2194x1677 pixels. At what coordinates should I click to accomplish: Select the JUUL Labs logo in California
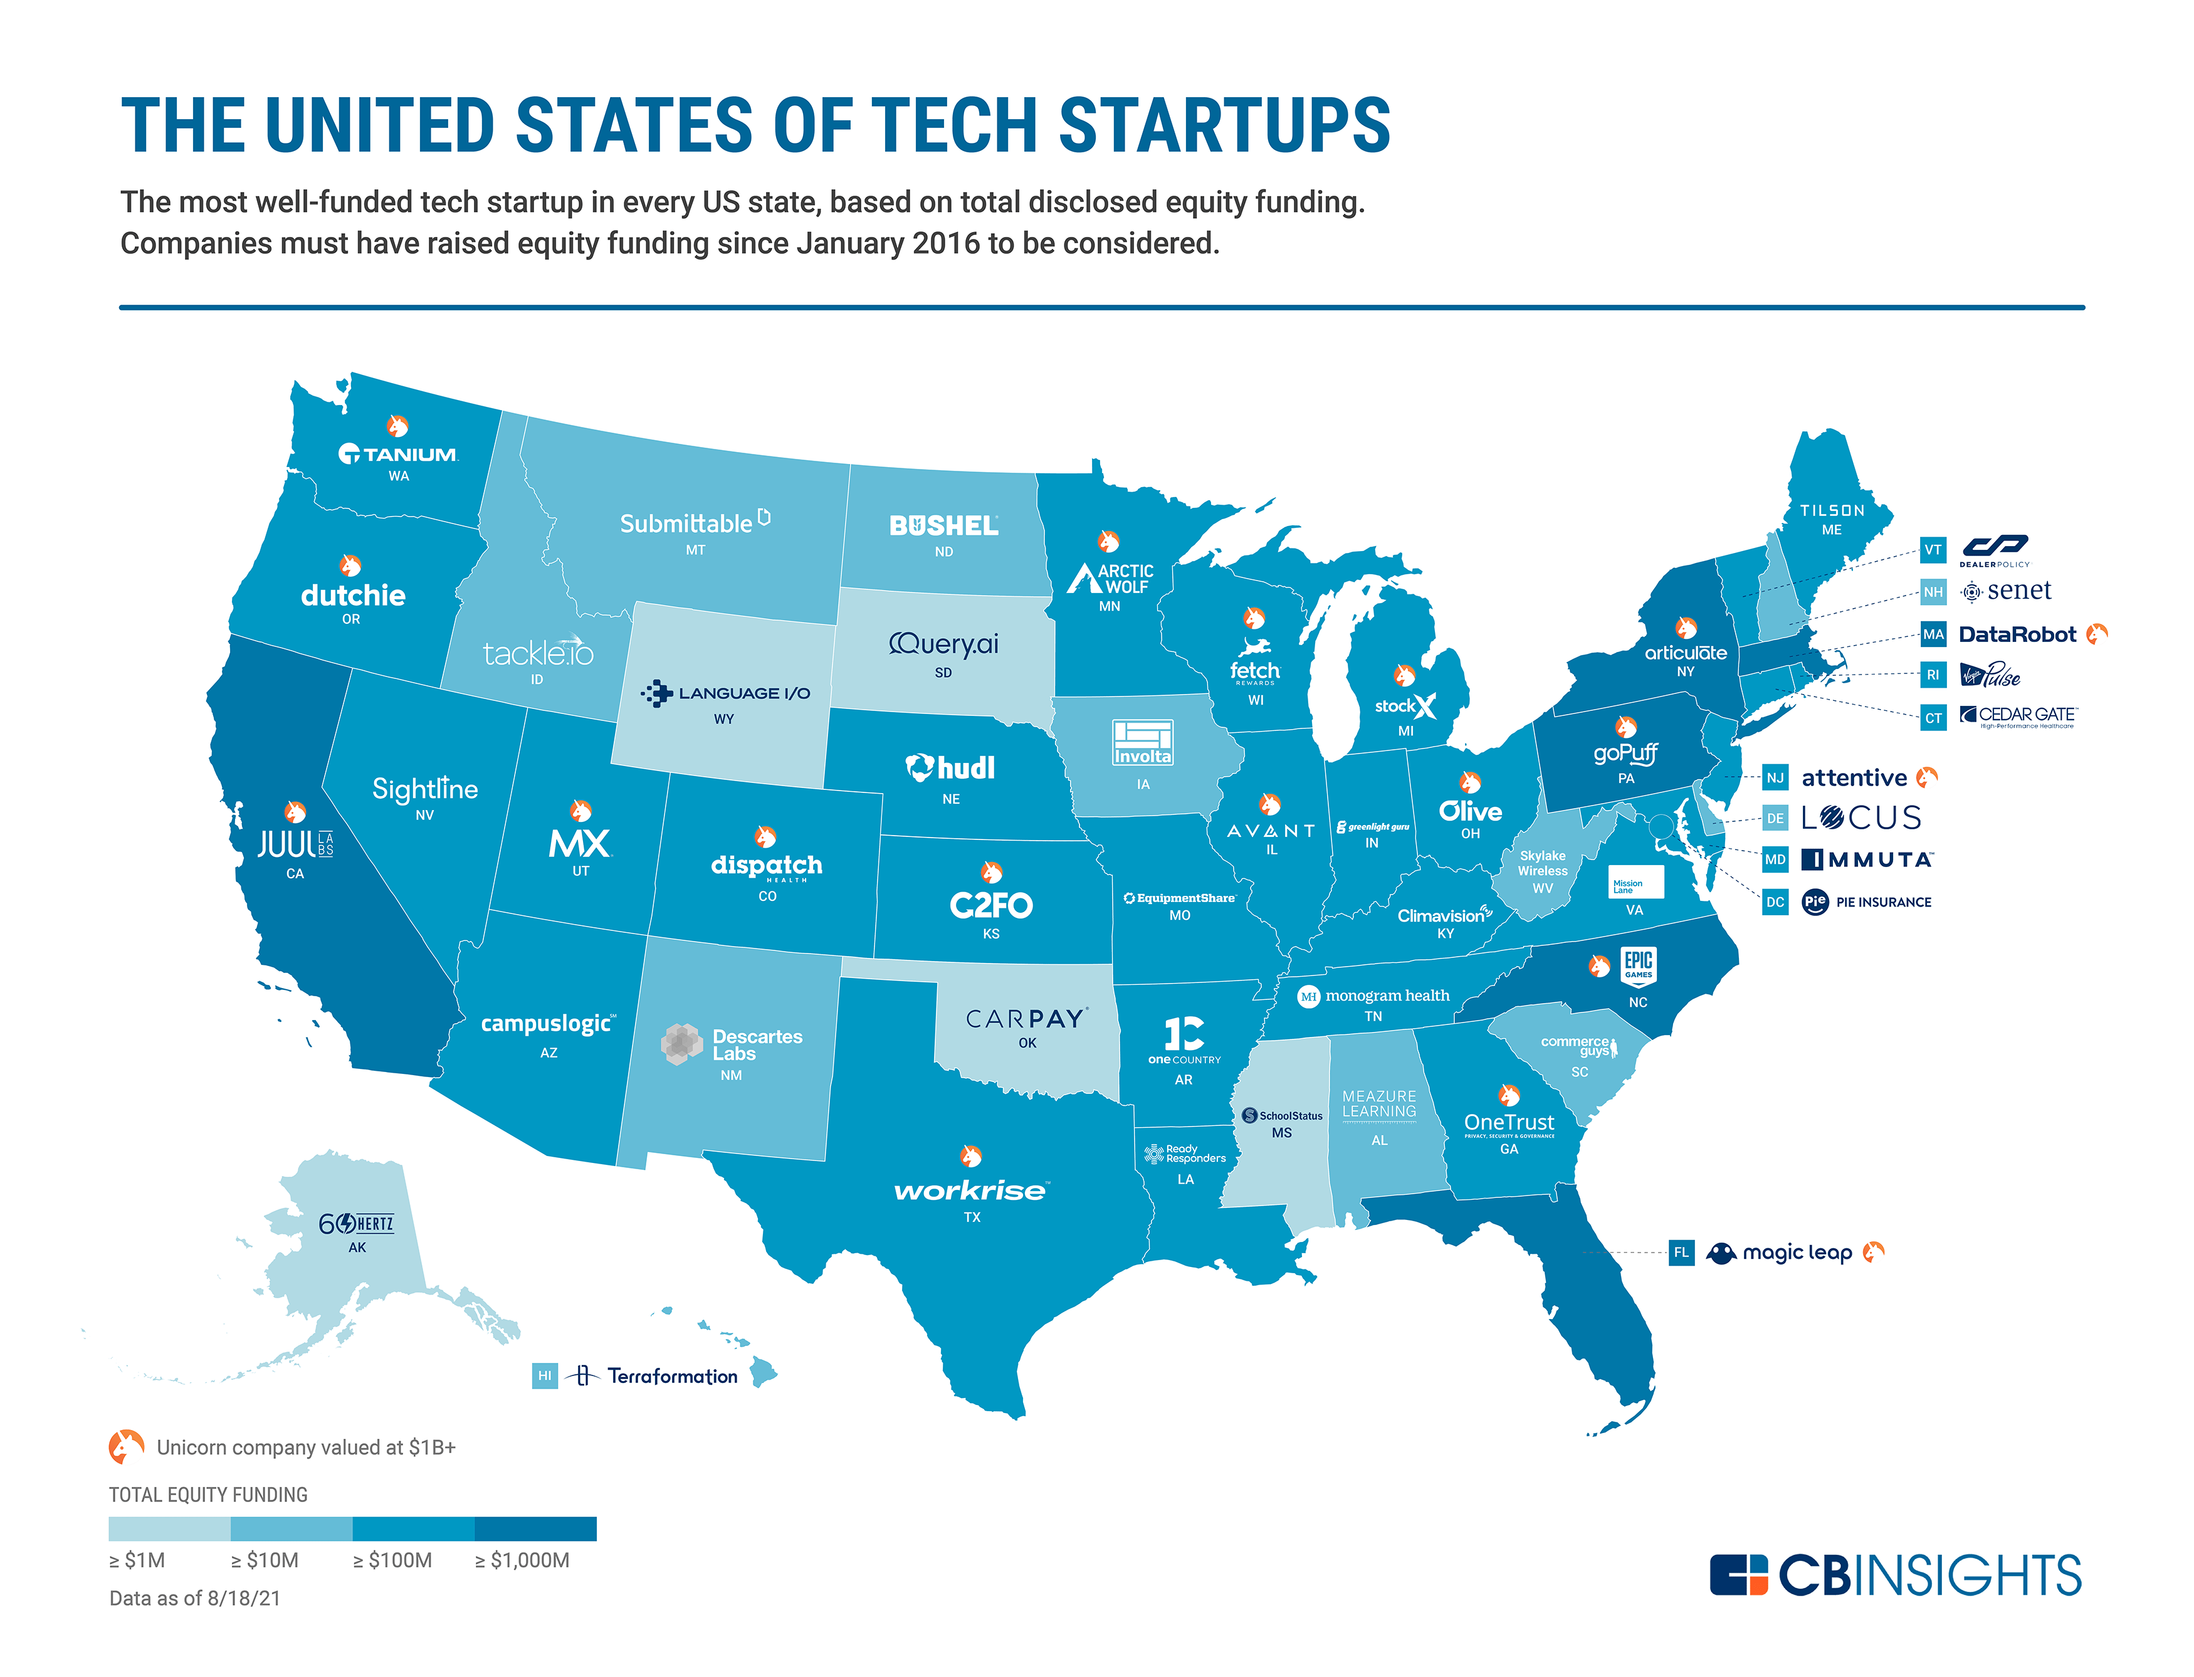tap(295, 844)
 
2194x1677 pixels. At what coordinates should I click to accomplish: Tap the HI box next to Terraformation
tap(544, 1375)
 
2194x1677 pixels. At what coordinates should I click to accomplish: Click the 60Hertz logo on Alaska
tap(355, 1224)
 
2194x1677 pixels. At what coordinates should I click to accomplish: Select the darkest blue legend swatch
tap(535, 1528)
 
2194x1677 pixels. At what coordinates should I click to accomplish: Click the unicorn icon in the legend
tap(126, 1446)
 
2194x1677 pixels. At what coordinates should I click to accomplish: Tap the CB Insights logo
tap(1894, 1575)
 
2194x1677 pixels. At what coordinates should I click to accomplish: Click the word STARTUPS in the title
tap(1224, 126)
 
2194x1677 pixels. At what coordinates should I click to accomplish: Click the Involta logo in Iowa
tap(1142, 743)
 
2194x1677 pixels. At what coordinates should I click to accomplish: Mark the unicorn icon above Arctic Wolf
tap(1108, 541)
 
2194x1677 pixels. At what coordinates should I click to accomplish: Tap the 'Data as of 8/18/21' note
tap(195, 1598)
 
